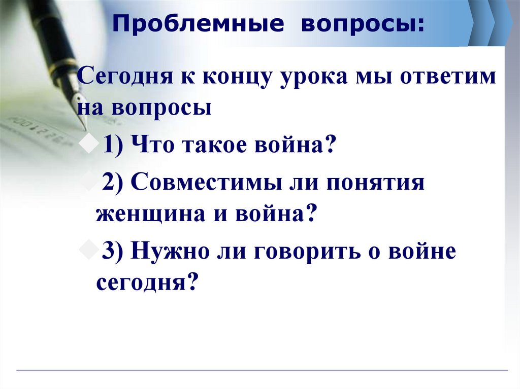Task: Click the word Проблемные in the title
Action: pyautogui.click(x=194, y=25)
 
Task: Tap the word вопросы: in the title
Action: pyautogui.click(x=362, y=25)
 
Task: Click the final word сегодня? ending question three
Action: pyautogui.click(x=146, y=280)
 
